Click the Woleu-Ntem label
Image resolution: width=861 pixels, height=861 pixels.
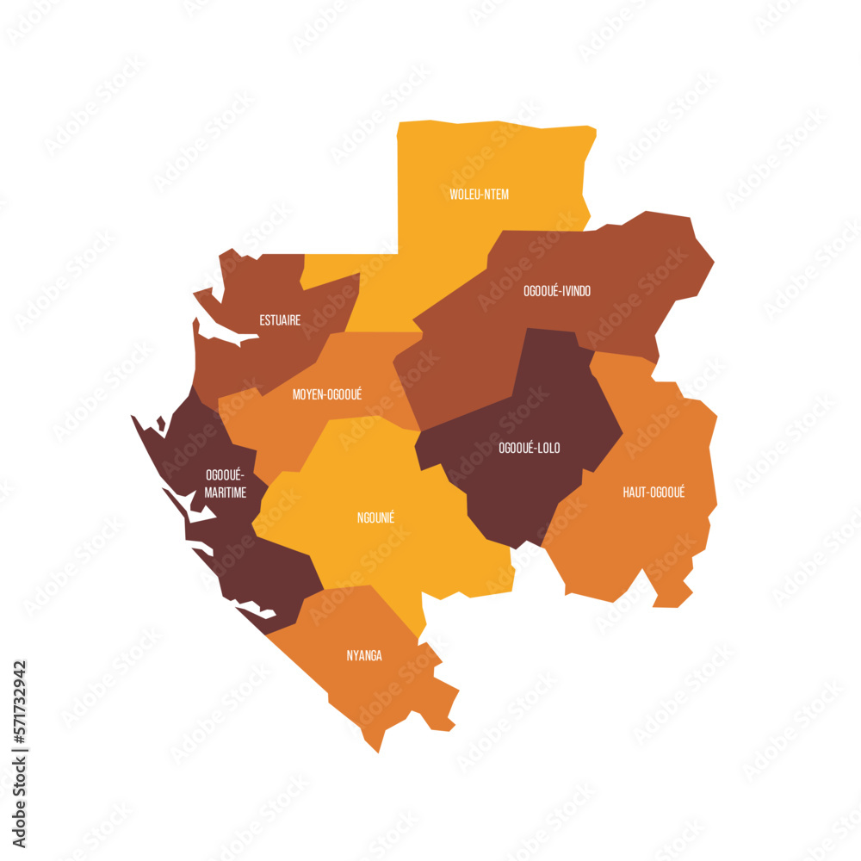coord(479,195)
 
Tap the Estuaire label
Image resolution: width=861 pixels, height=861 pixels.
coord(280,320)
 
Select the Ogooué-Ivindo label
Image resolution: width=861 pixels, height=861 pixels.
coord(557,291)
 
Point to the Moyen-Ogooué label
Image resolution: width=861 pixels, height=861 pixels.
coord(327,394)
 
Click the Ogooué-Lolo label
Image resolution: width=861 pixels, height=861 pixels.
coord(529,448)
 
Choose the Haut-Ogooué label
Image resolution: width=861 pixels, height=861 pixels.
coord(653,492)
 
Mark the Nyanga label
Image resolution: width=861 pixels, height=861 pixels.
coord(364,656)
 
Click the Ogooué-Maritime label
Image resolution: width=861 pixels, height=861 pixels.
coord(226,484)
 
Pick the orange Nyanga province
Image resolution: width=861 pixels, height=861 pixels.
coord(379,689)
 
